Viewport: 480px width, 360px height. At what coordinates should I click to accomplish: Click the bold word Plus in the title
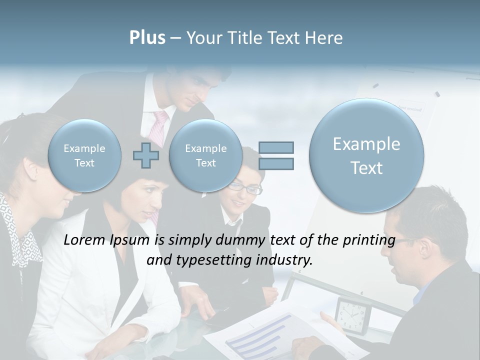(x=147, y=38)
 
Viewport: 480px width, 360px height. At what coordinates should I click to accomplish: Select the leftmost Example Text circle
(x=84, y=155)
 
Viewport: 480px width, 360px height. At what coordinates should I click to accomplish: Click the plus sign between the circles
(x=145, y=155)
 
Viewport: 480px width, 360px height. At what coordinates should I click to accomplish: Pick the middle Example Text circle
(x=205, y=155)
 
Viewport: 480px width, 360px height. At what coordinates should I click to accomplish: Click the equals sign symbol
(x=276, y=155)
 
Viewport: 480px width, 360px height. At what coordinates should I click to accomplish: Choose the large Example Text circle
(x=366, y=155)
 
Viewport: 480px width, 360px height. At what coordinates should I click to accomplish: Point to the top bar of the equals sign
(x=276, y=147)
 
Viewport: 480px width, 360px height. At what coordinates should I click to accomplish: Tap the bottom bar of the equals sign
(x=276, y=163)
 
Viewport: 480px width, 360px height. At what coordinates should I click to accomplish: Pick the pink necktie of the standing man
(x=159, y=128)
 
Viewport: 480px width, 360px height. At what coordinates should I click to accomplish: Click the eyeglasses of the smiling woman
(x=245, y=188)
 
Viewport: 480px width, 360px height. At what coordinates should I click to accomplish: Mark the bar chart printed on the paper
(x=260, y=333)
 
